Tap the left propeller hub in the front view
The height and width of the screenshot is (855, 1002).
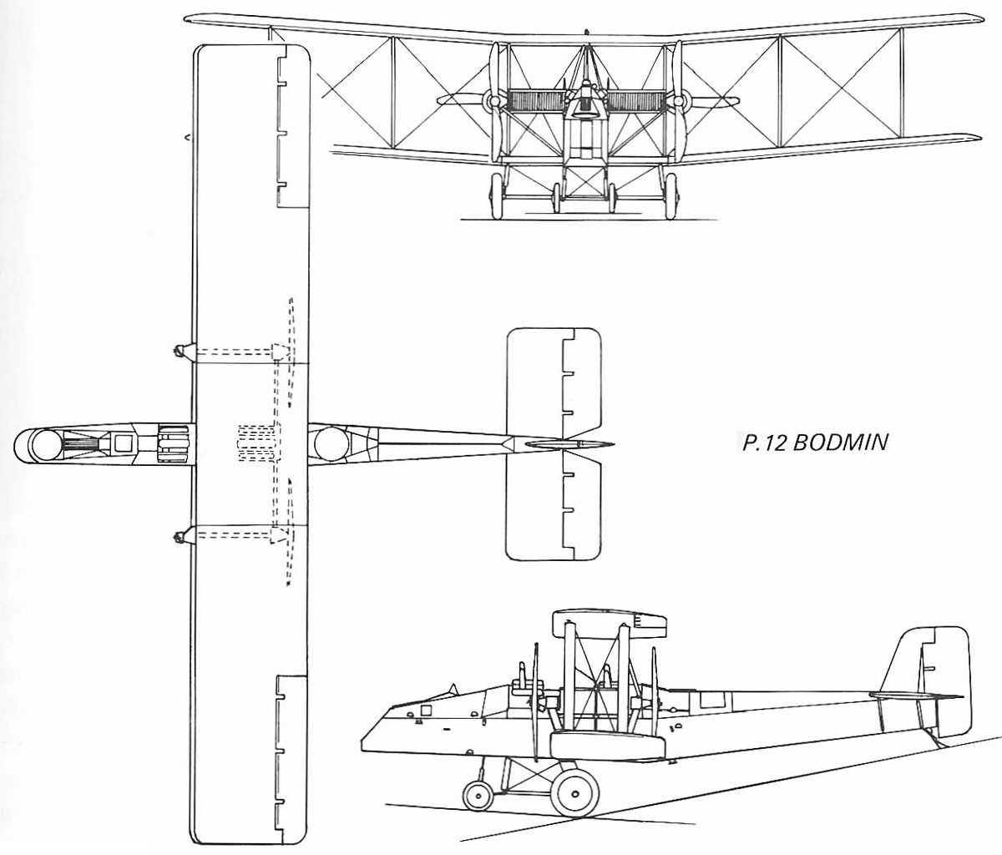pos(494,101)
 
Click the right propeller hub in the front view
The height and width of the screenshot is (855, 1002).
pos(681,101)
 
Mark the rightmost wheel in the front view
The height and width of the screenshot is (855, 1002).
pos(671,196)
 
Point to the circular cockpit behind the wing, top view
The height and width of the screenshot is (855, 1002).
pos(331,443)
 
